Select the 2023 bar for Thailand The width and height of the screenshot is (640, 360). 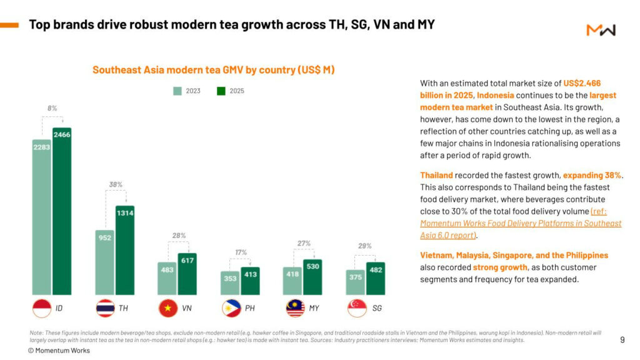[105, 262]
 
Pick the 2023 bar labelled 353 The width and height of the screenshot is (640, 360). [230, 283]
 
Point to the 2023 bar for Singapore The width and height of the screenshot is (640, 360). [356, 282]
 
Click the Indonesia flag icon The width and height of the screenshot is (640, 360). [42, 308]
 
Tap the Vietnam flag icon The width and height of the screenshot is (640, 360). [168, 308]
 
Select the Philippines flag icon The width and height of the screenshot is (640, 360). [231, 308]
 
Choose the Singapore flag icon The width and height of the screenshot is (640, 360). [357, 308]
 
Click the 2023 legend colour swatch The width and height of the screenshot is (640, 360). [177, 91]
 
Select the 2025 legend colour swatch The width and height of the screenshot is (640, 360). [221, 91]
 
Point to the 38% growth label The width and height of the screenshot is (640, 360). [116, 184]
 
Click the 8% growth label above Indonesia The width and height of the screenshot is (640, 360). [52, 108]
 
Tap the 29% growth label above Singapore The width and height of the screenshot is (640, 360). [365, 246]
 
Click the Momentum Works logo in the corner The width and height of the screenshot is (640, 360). [601, 30]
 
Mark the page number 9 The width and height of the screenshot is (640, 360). [622, 340]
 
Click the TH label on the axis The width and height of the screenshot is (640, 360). [124, 308]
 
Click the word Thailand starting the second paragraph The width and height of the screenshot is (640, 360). [436, 176]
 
